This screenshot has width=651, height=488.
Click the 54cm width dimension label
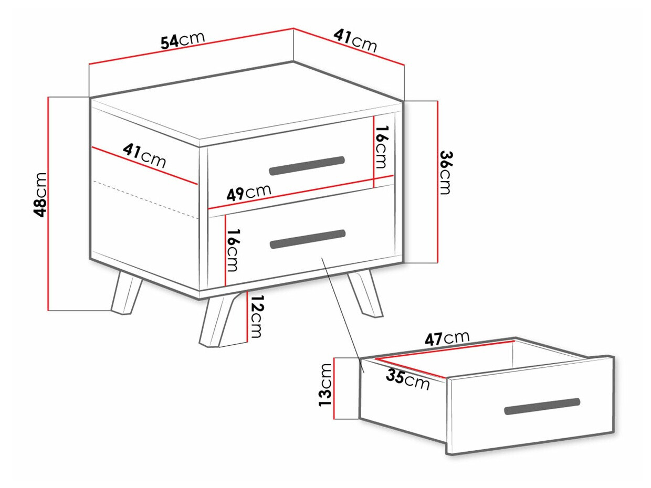183,40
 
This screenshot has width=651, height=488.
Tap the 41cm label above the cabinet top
355,41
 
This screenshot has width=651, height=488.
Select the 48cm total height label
40,195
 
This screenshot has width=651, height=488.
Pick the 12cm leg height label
256,316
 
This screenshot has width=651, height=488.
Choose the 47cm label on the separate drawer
447,338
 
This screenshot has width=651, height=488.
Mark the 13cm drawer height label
325,385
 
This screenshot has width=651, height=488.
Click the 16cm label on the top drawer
382,147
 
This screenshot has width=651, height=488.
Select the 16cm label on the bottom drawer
233,250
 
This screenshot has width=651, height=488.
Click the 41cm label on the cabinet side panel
144,155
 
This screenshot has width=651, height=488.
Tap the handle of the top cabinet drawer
307,166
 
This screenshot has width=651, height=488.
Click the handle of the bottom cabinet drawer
308,239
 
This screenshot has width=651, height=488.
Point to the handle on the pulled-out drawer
542,406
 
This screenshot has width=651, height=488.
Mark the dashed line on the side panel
145,199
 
